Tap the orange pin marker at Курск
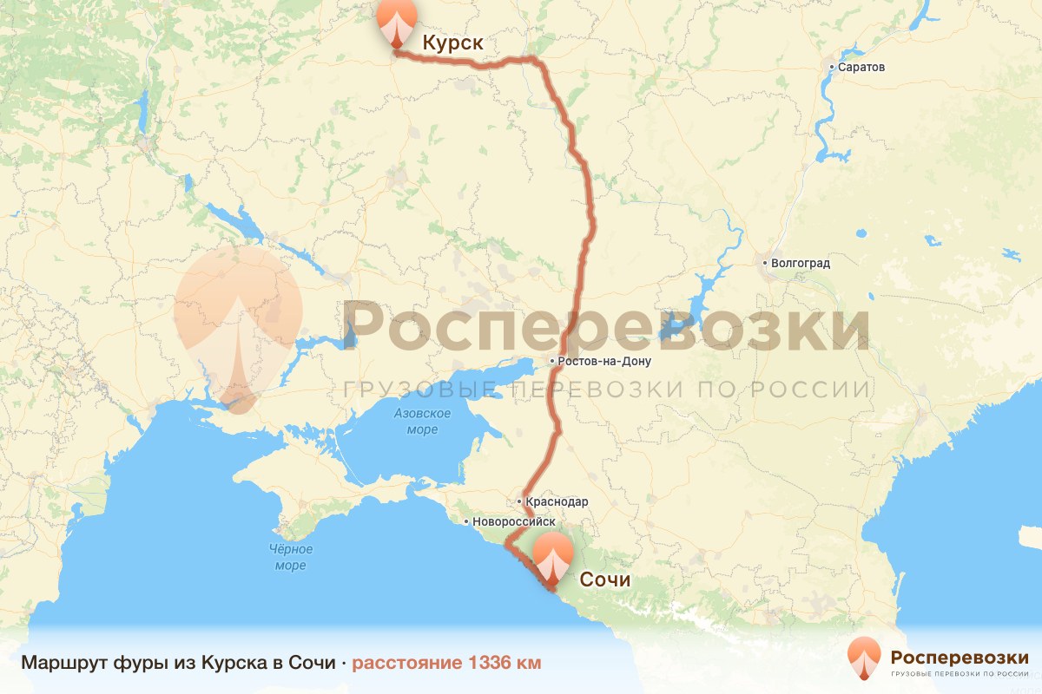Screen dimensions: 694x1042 click(x=397, y=21)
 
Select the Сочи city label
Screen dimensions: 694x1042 click(x=604, y=579)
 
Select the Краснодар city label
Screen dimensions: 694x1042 click(x=557, y=501)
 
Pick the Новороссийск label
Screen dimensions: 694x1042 click(x=515, y=522)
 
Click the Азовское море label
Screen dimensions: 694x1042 click(x=421, y=422)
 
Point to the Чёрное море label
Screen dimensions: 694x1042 click(x=291, y=557)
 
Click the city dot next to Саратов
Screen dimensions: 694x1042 click(x=832, y=67)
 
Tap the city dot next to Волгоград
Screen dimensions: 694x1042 click(x=765, y=262)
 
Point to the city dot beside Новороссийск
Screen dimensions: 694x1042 click(x=467, y=522)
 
